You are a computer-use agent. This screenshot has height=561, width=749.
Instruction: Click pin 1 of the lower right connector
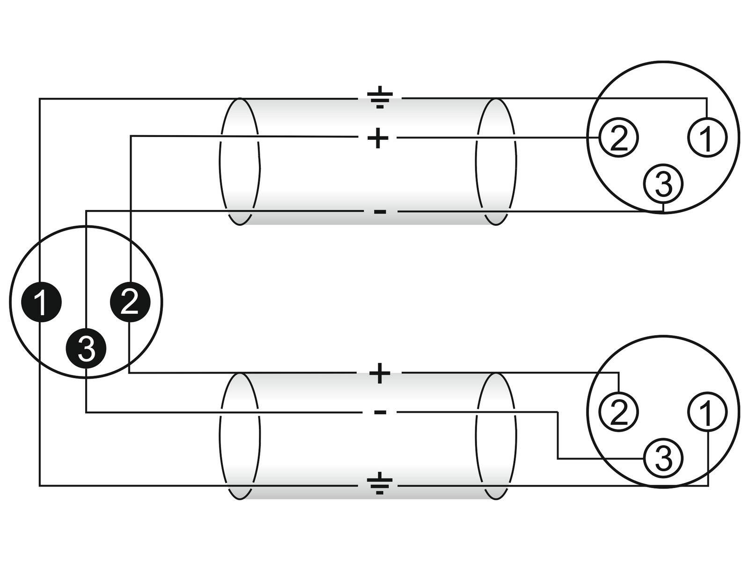click(x=707, y=412)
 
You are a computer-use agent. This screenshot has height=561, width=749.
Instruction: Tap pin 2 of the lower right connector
click(x=618, y=412)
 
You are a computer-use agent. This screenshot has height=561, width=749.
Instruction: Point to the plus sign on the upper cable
click(x=378, y=138)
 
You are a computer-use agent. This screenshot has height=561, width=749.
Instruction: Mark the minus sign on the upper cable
click(x=380, y=212)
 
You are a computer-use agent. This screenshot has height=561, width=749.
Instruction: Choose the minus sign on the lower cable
click(x=380, y=412)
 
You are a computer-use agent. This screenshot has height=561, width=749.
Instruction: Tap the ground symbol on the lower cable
click(x=379, y=484)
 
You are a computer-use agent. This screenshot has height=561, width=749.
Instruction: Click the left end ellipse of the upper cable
click(x=239, y=161)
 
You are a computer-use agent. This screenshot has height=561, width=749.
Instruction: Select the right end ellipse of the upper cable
click(x=496, y=161)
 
